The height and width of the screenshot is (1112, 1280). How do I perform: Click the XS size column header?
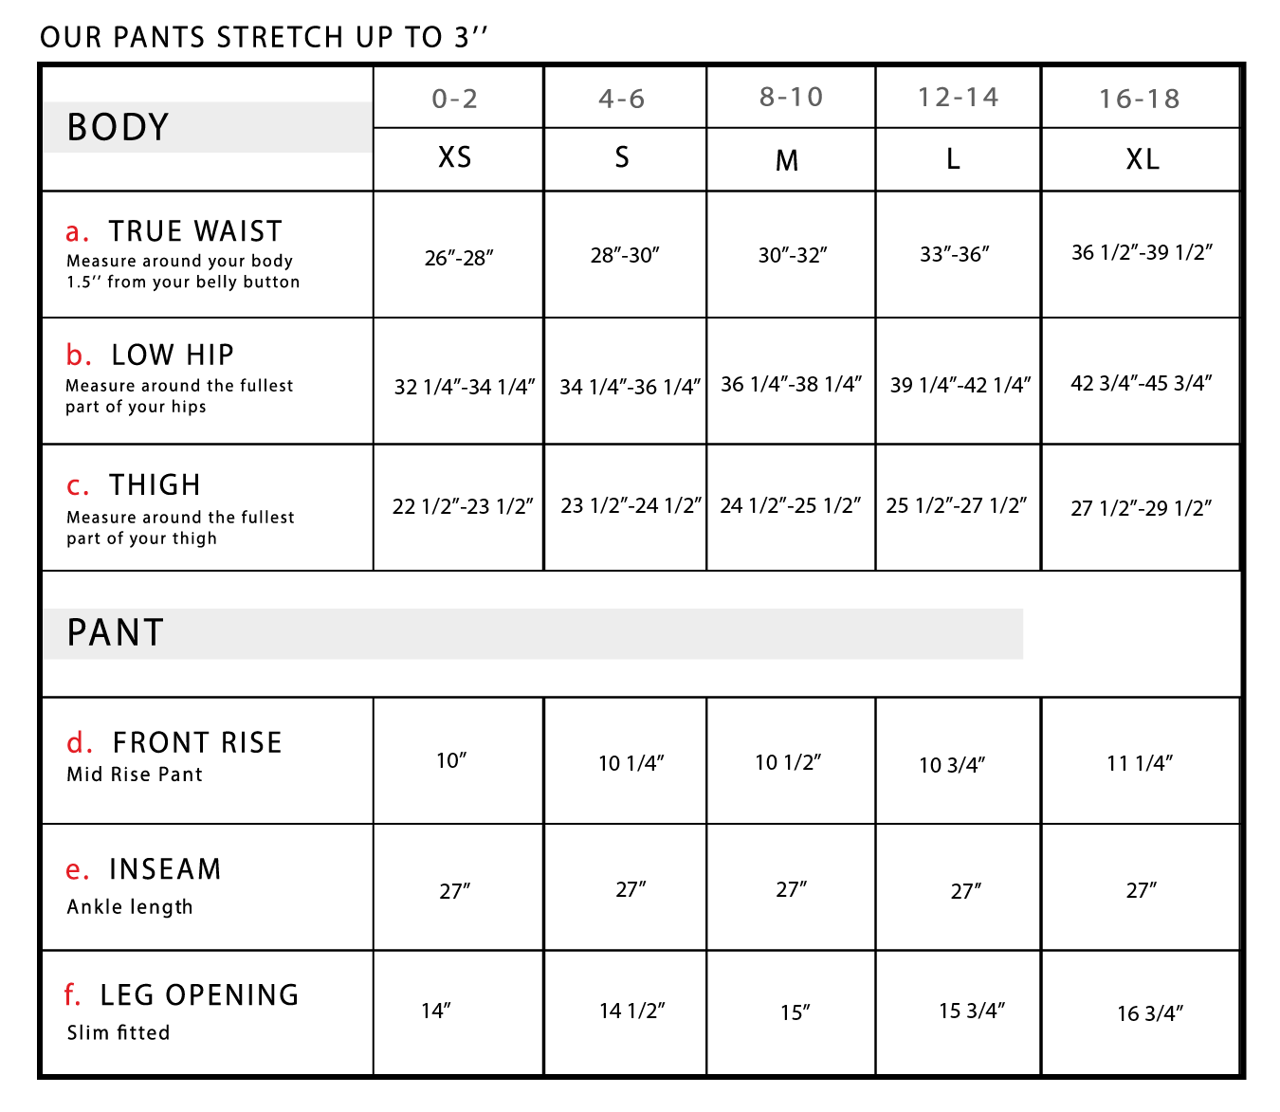(x=454, y=157)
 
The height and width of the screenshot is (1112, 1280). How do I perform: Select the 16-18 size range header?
(x=1140, y=99)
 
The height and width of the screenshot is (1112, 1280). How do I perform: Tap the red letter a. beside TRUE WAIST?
(x=77, y=231)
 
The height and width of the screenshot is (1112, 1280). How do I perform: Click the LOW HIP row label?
(x=172, y=355)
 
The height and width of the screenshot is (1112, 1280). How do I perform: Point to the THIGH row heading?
(x=155, y=484)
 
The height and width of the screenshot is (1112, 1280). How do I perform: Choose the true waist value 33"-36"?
(x=954, y=255)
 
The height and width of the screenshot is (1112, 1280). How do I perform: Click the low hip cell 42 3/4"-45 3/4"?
(x=1142, y=383)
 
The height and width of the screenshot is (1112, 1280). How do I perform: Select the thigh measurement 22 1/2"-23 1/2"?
(x=463, y=506)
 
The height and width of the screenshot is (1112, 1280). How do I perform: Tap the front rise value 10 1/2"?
(x=788, y=762)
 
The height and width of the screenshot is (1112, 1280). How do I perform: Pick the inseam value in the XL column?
(x=1142, y=890)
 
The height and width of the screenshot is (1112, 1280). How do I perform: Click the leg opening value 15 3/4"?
(x=972, y=1010)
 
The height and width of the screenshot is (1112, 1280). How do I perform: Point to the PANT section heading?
(x=115, y=632)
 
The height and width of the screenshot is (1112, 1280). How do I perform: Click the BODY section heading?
(x=118, y=127)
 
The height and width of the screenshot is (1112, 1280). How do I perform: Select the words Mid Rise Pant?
(x=135, y=775)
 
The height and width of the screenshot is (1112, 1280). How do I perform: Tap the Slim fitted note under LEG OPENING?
(x=119, y=1032)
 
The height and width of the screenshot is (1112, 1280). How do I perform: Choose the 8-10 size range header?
(x=791, y=97)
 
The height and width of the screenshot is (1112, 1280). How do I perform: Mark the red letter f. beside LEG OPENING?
(x=73, y=994)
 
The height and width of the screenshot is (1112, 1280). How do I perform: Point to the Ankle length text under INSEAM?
(x=130, y=906)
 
